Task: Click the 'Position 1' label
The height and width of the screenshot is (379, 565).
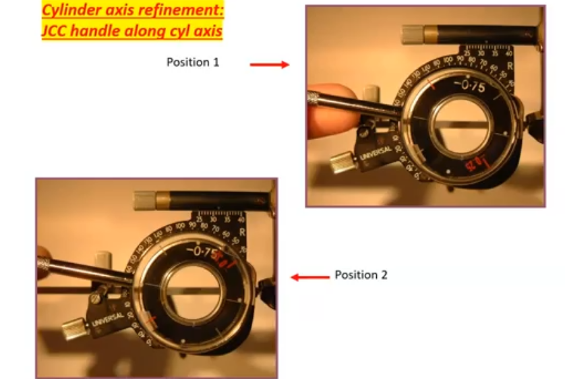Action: click(x=193, y=62)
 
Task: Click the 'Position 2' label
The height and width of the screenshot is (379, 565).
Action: click(x=361, y=275)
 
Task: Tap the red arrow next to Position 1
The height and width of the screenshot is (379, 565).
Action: click(x=269, y=65)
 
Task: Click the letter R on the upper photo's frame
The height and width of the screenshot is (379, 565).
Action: click(x=509, y=65)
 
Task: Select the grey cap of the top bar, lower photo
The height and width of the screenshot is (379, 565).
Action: click(x=146, y=200)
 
